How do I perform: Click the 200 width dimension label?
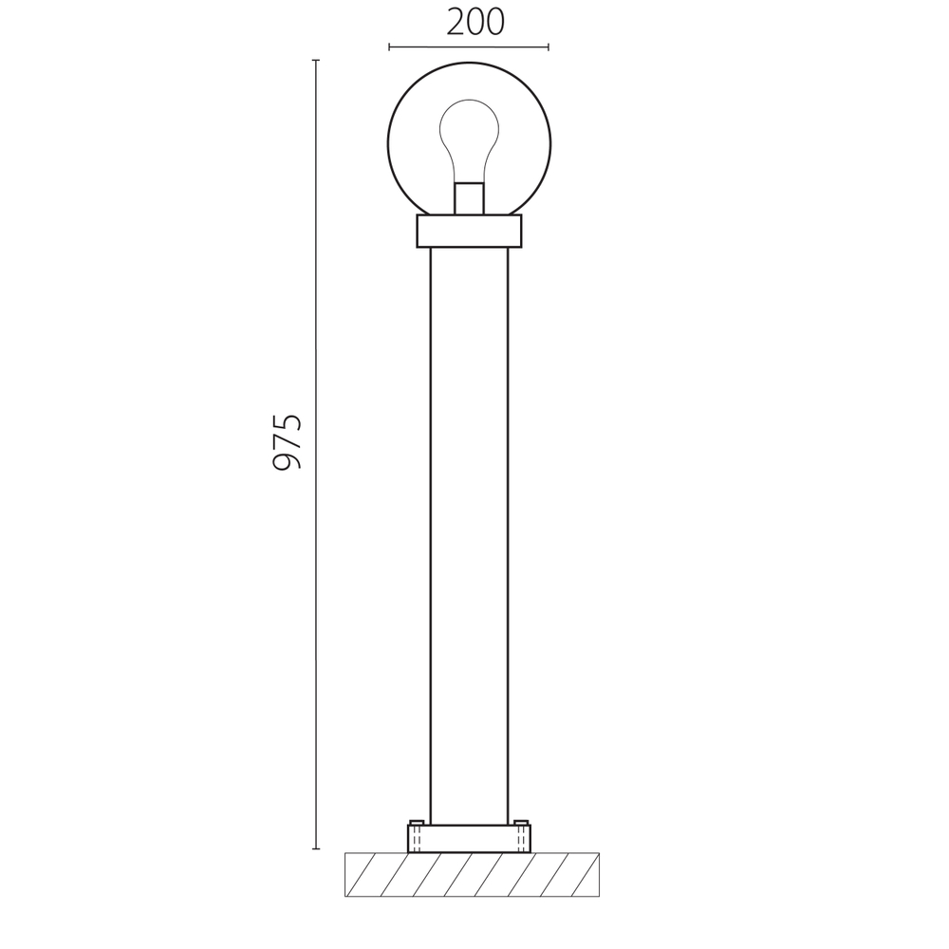[475, 23]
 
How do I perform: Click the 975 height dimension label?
[287, 442]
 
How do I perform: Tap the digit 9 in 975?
[287, 462]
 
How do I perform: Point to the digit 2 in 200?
[456, 23]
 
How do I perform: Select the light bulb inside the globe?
[469, 141]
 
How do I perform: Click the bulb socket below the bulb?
[469, 198]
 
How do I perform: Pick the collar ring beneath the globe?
[469, 231]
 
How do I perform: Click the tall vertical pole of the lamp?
[469, 535]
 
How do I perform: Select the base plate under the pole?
[469, 838]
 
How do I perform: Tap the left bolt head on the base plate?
[417, 822]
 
